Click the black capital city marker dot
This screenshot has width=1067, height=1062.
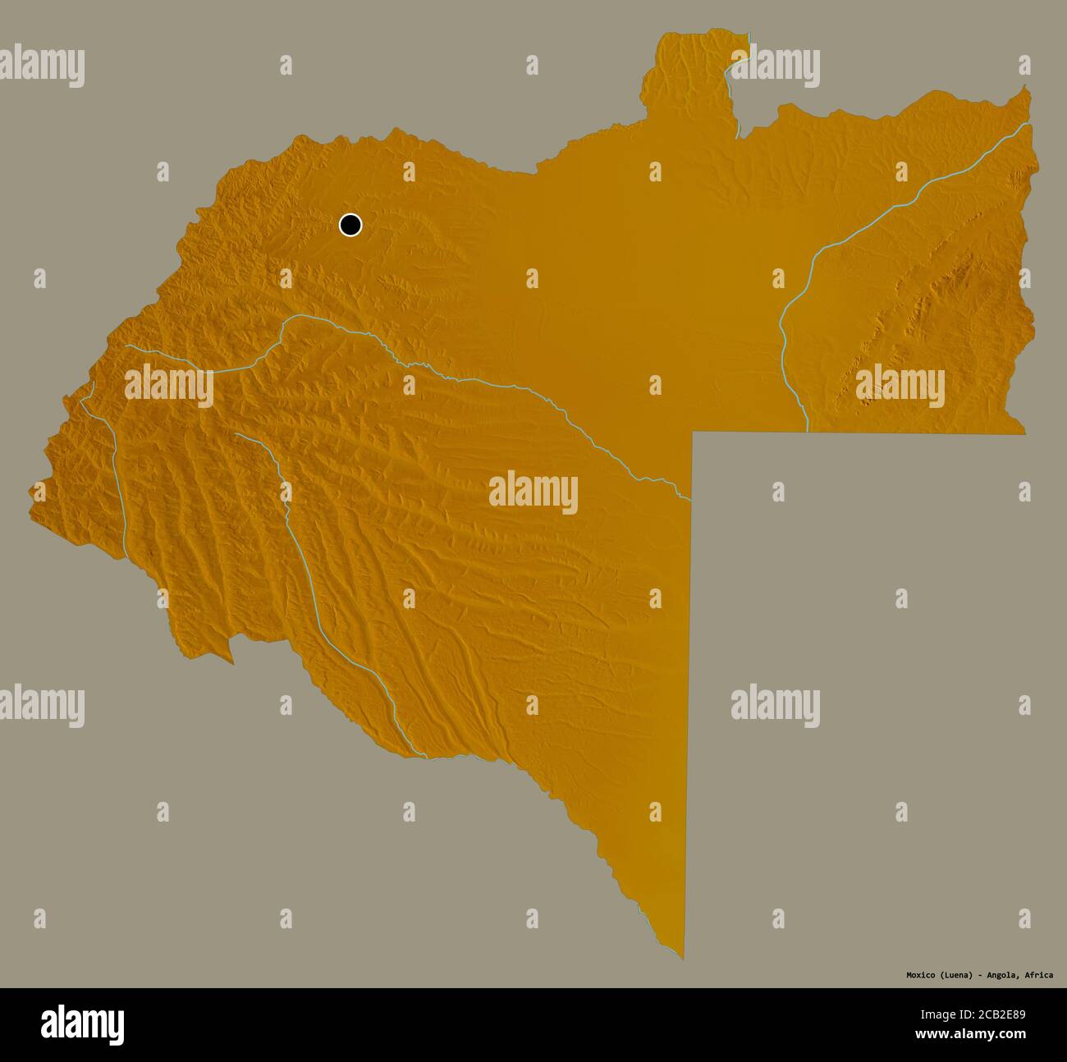point(350,225)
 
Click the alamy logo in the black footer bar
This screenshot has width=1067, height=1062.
point(82,1024)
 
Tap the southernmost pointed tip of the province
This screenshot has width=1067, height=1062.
point(682,957)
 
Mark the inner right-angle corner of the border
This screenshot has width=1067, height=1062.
point(694,432)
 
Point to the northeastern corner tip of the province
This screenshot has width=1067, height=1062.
point(1025,89)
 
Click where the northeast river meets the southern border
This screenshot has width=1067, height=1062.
point(808,429)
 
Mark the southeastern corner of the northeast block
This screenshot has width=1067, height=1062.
point(1023,432)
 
